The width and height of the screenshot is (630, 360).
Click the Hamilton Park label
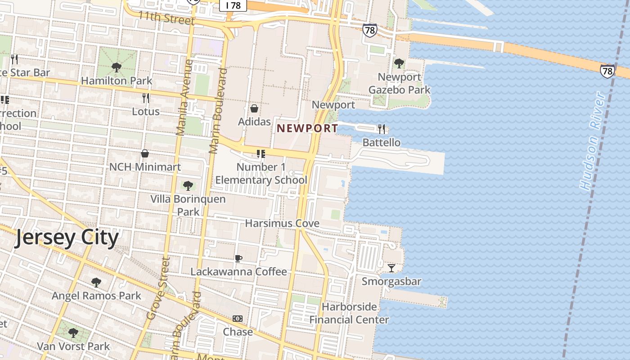[x=117, y=81]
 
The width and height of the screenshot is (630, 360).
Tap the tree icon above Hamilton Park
[x=117, y=67]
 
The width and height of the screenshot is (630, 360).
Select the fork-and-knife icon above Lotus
[x=145, y=98]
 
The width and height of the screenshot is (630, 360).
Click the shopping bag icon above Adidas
[x=254, y=108]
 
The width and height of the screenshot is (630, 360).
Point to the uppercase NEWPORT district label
[x=307, y=128]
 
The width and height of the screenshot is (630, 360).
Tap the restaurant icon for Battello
[x=382, y=129]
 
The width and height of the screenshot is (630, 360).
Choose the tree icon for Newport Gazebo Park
[x=399, y=63]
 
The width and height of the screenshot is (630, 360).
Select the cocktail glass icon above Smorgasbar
[x=391, y=268]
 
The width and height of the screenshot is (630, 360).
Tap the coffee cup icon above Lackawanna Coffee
[x=238, y=258]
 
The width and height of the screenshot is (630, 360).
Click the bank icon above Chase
[x=238, y=319]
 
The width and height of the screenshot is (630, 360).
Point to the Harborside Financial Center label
[x=349, y=313]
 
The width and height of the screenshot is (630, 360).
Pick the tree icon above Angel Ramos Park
[x=96, y=283]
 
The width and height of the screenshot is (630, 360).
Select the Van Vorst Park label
[x=73, y=346]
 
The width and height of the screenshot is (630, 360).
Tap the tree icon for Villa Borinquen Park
[x=188, y=185]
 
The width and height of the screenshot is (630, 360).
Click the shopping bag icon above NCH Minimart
[x=145, y=154]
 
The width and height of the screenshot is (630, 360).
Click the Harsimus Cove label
[x=282, y=223]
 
